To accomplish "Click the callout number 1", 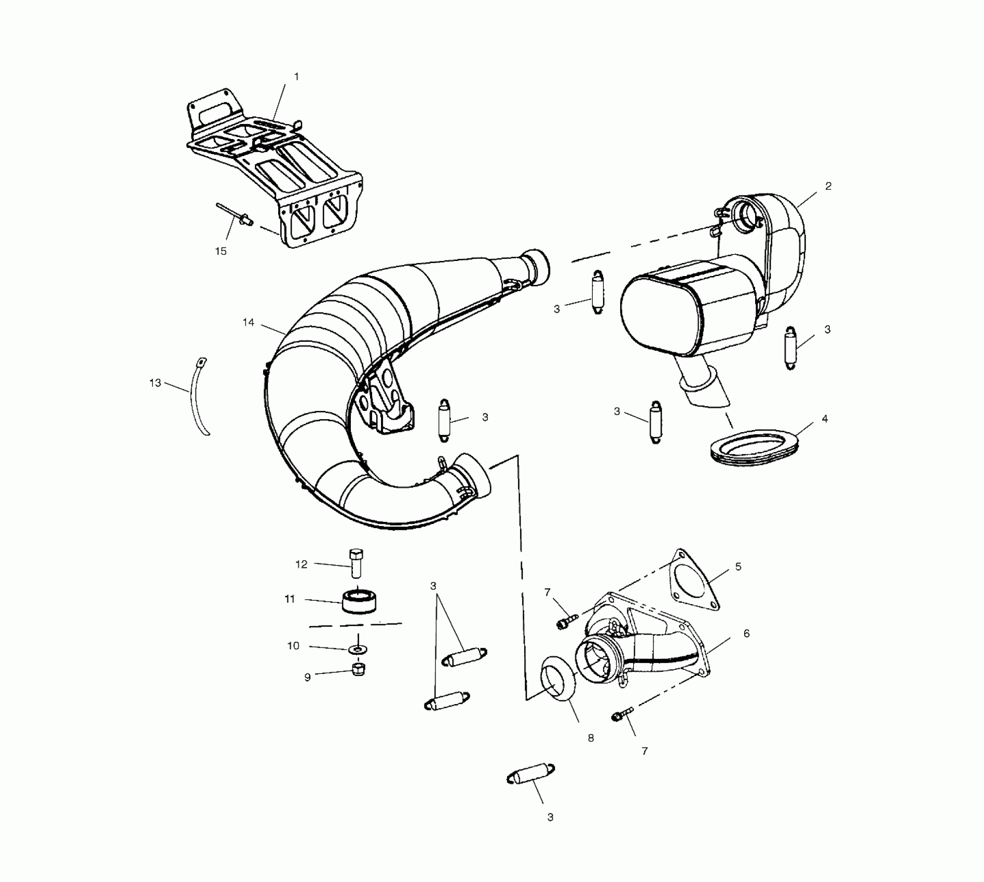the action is pyautogui.click(x=296, y=77).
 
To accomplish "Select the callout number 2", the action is pyautogui.click(x=828, y=186).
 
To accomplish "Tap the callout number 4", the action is pyautogui.click(x=825, y=419).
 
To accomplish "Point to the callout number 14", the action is pyautogui.click(x=249, y=322).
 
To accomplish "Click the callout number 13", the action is pyautogui.click(x=155, y=383).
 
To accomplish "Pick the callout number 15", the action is pyautogui.click(x=221, y=251).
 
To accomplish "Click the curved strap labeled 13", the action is pyautogui.click(x=199, y=399).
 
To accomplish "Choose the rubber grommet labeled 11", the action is pyautogui.click(x=360, y=601).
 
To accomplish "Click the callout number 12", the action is pyautogui.click(x=302, y=564).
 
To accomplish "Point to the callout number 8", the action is pyautogui.click(x=591, y=737).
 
